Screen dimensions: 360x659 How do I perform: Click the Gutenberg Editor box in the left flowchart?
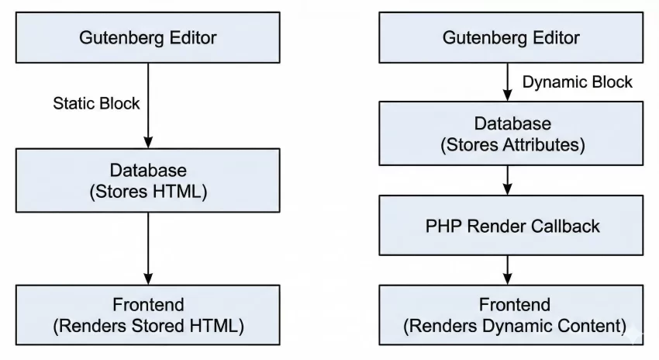(147, 37)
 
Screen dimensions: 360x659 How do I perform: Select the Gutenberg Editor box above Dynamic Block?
(510, 37)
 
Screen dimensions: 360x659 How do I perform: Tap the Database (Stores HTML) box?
(147, 180)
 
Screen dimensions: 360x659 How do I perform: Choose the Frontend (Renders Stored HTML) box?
(147, 314)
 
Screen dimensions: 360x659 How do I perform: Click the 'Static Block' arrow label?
(96, 102)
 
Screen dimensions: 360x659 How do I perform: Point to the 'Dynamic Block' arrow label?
(578, 81)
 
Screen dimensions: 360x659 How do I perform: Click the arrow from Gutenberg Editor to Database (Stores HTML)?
(147, 116)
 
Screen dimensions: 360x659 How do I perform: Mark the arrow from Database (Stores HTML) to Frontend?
(147, 248)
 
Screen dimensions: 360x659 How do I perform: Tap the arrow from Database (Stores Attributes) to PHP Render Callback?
(507, 180)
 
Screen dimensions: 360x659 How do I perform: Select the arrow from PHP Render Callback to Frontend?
(507, 269)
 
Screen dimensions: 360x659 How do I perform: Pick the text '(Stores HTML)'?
(147, 191)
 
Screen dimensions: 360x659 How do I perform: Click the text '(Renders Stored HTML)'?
(147, 326)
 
